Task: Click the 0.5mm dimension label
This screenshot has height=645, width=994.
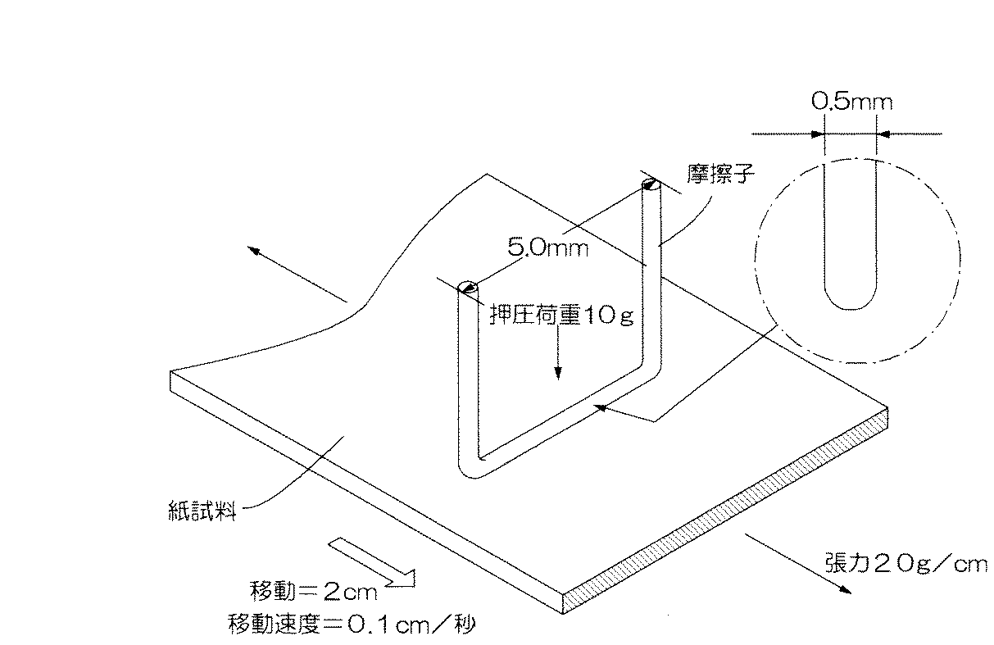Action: (x=851, y=102)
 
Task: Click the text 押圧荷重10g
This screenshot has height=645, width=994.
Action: (x=561, y=316)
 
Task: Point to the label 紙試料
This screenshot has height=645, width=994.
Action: (x=201, y=513)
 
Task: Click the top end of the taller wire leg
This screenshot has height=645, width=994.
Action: (x=651, y=185)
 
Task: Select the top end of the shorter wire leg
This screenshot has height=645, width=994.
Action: (x=467, y=287)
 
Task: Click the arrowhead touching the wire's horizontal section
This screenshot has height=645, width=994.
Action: (x=602, y=407)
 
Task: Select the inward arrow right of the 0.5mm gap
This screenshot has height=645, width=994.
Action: (x=886, y=134)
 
